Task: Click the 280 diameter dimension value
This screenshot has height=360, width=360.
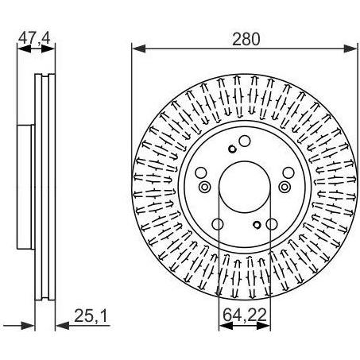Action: (x=246, y=39)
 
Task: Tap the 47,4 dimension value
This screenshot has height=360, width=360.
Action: (x=34, y=37)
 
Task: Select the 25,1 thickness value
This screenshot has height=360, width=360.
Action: (x=91, y=316)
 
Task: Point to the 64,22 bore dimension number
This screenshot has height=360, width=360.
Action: (x=245, y=315)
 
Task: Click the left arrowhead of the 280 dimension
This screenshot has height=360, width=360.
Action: (x=139, y=48)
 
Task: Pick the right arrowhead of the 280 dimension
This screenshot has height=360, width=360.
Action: (x=350, y=48)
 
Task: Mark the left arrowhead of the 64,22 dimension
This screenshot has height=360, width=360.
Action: (x=226, y=326)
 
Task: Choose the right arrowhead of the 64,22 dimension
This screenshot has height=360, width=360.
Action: (x=264, y=326)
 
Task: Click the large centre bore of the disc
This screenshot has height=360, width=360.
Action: (x=245, y=187)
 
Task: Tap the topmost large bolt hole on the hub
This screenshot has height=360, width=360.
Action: (x=245, y=141)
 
